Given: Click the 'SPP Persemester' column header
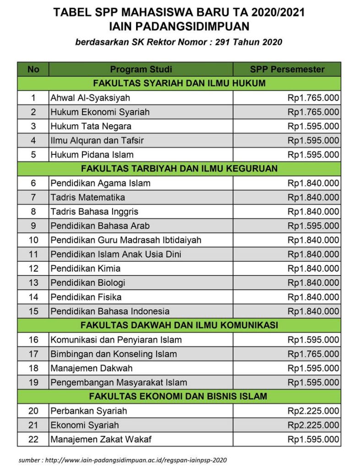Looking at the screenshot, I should (x=287, y=70).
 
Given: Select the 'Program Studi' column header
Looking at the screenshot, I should (x=141, y=70).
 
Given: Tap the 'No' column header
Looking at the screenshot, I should (x=33, y=70).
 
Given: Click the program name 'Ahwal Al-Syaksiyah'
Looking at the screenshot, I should (x=90, y=98).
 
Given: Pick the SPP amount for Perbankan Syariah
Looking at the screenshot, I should (x=313, y=411).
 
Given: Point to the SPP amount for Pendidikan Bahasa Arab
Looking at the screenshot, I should (x=313, y=226).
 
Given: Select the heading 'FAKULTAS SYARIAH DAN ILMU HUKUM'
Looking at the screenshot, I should (x=179, y=83).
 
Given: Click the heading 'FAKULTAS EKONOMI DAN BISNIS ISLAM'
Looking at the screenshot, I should (x=179, y=396).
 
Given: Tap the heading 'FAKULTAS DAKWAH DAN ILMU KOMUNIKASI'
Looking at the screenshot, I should (x=179, y=325).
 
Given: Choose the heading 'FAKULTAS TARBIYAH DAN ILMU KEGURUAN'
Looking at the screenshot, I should (x=179, y=169).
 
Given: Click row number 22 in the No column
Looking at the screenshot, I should (x=33, y=439).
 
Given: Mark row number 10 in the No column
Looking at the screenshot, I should (x=33, y=240).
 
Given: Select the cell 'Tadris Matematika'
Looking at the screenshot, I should (x=87, y=197).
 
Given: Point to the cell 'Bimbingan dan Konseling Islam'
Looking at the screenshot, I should (x=114, y=354).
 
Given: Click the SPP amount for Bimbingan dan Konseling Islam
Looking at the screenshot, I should (x=313, y=354).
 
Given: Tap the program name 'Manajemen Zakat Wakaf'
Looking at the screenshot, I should (x=101, y=439).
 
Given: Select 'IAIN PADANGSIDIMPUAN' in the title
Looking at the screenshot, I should (x=179, y=26).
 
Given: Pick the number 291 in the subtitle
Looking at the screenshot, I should (x=228, y=43).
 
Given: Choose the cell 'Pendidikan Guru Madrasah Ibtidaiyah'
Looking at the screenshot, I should (x=126, y=240).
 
